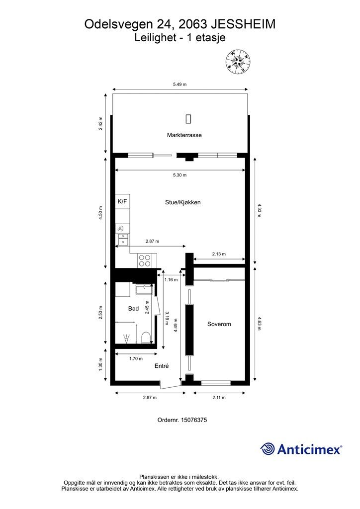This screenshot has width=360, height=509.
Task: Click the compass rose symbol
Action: [x=239, y=61]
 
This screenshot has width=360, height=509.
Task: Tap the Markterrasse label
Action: [x=184, y=135]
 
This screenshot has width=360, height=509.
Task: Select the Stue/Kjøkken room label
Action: [x=183, y=202]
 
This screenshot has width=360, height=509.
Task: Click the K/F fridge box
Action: [x=122, y=202]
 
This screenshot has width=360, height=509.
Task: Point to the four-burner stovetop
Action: [x=145, y=260]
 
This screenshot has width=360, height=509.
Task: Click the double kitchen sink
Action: [x=123, y=239]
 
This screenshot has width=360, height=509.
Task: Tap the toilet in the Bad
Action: [x=146, y=338]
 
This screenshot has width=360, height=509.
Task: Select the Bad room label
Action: [x=133, y=308]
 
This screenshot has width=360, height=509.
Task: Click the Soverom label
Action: [x=219, y=324]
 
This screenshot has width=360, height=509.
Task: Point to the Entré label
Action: [x=162, y=366]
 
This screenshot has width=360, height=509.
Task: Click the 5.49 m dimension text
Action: [x=180, y=85]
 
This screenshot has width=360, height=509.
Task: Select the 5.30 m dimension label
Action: [x=180, y=175]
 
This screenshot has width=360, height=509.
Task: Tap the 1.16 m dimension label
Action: [x=171, y=279]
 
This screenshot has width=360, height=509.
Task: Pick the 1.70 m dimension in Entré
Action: [x=136, y=359]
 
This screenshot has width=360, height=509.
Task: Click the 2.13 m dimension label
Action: [x=219, y=254]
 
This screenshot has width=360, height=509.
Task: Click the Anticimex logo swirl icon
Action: [x=268, y=449]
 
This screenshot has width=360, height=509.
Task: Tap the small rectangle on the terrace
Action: [x=188, y=119]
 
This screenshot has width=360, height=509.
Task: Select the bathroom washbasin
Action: [x=143, y=288]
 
